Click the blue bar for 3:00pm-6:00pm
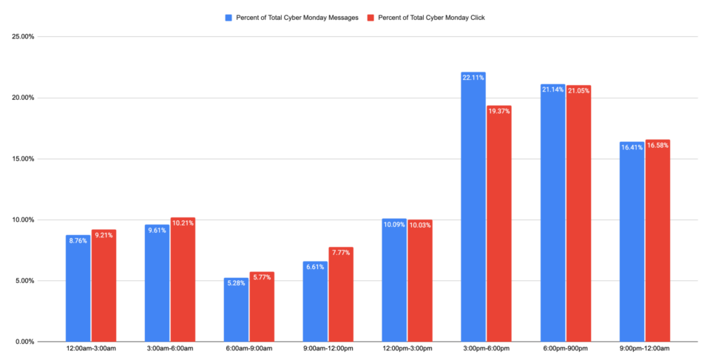point(473,207)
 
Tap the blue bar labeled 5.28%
point(236,310)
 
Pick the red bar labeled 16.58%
point(657,240)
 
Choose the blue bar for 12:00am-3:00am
point(78,288)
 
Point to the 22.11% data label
point(473,78)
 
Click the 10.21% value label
point(183,223)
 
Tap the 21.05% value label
point(578,90)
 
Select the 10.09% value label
point(394,224)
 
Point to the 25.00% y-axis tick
point(22,37)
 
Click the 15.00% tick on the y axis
point(22,159)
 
